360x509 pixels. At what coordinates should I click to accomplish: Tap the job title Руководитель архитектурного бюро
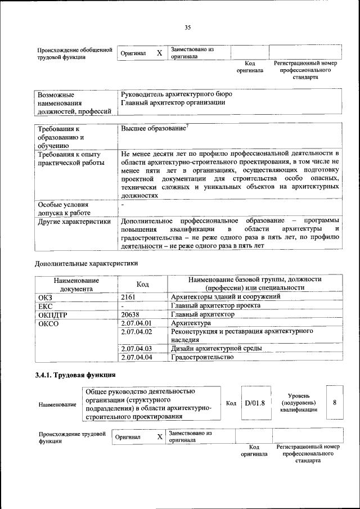tap(176, 94)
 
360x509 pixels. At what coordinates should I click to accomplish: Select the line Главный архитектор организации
tap(173, 102)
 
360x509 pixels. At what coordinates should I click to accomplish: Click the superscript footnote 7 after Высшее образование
tap(187, 127)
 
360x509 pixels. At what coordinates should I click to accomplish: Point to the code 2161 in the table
tap(129, 296)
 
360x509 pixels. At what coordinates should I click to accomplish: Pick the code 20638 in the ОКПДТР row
tap(130, 314)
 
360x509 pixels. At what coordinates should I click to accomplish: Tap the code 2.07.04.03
tap(137, 349)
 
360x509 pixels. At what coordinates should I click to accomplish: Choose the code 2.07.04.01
tap(137, 323)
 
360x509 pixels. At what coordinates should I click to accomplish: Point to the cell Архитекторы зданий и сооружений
tap(225, 296)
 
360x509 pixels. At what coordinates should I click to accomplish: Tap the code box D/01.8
tap(254, 403)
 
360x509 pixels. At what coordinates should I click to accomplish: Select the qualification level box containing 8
tap(335, 403)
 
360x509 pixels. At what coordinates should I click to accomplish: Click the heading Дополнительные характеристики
tap(86, 263)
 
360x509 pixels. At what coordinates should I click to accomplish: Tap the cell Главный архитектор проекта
tap(215, 305)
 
